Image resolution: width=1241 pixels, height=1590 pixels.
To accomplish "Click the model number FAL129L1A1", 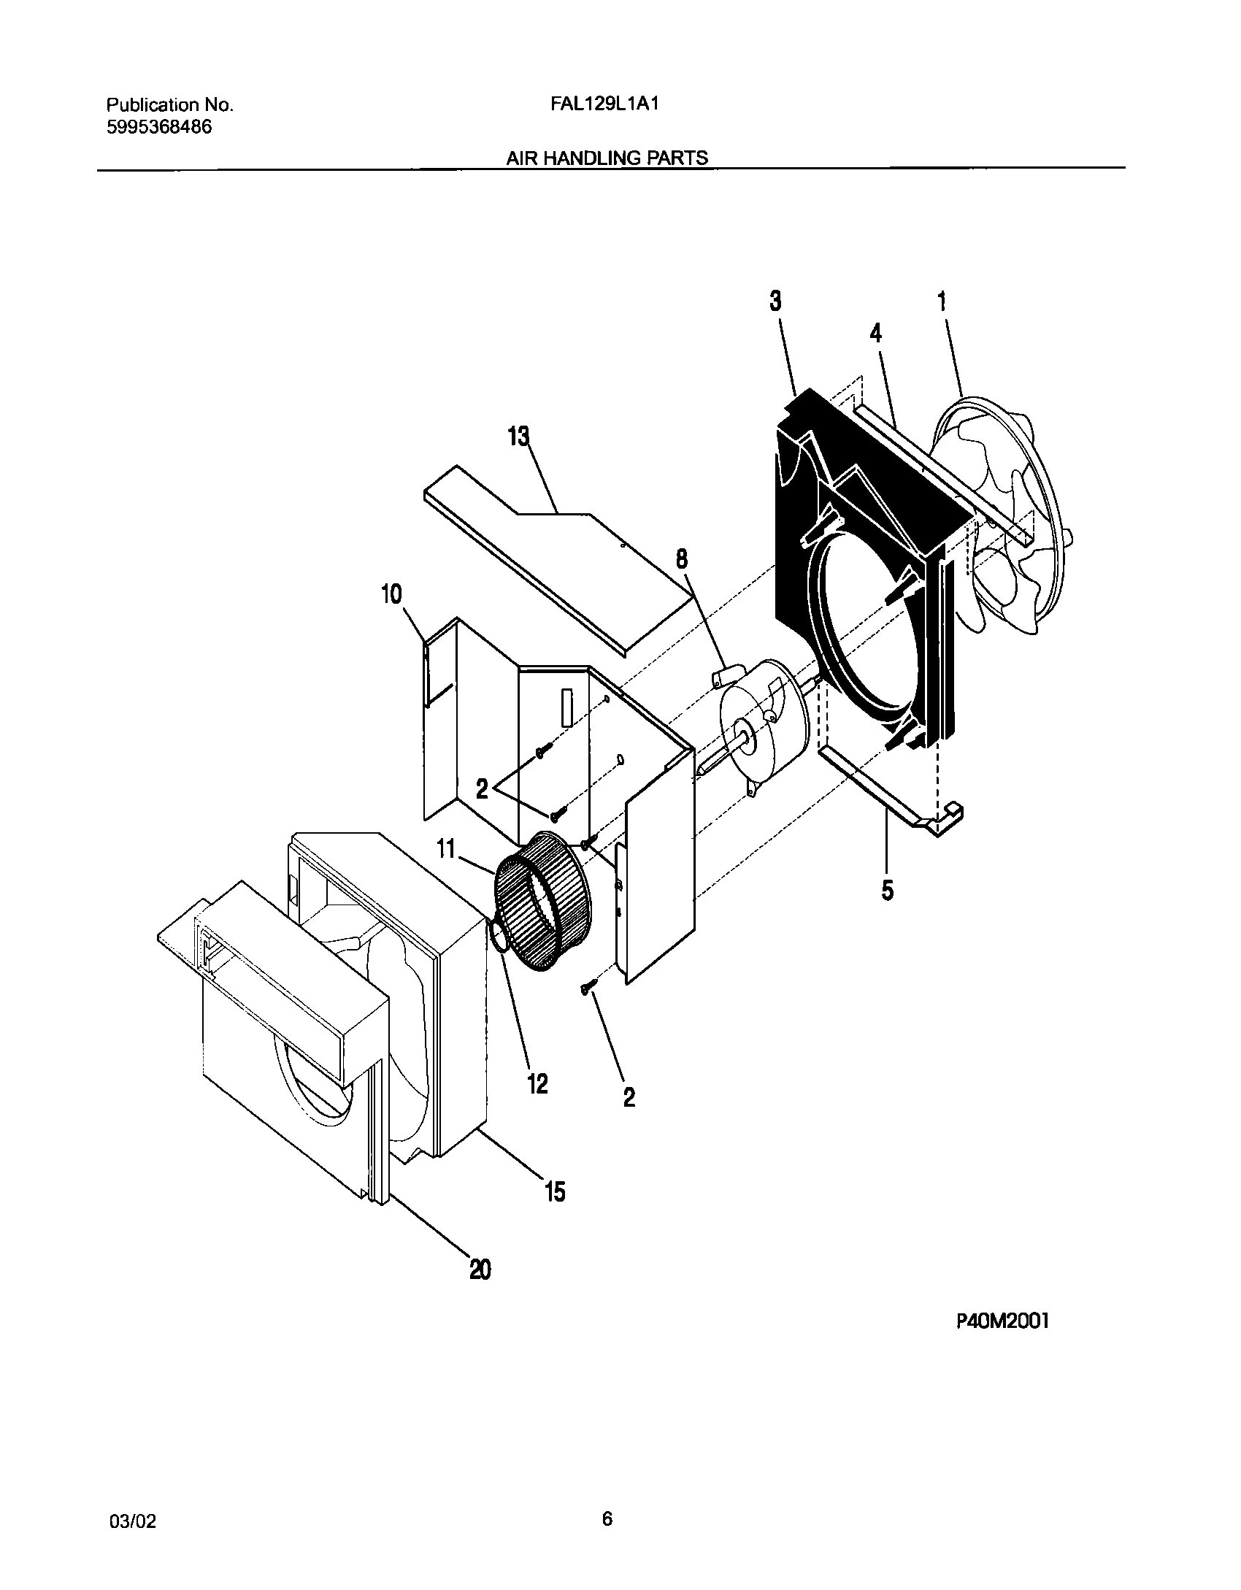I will [605, 104].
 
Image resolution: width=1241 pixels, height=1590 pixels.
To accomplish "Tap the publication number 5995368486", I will [159, 127].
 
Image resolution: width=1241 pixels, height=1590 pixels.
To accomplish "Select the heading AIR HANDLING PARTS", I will [607, 158].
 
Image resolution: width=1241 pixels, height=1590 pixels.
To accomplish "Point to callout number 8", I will [681, 560].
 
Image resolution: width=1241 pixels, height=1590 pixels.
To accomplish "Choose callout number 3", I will [775, 301].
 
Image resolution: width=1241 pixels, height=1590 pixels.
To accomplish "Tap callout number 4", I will [875, 333].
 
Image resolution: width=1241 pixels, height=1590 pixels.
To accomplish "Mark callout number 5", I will [887, 890].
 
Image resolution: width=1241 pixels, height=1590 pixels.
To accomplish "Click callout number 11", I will [446, 849].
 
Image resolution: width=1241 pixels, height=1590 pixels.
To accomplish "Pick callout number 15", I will [555, 1191].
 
